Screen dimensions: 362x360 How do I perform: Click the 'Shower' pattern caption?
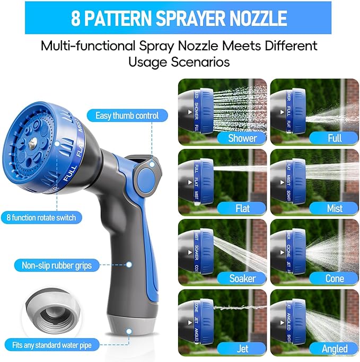[242, 138]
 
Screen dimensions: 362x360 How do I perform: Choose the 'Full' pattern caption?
[334, 138]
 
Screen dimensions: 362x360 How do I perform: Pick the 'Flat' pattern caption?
[242, 208]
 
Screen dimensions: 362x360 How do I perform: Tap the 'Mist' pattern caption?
[334, 208]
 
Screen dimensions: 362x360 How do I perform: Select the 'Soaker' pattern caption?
[242, 278]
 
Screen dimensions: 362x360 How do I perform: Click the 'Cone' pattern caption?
[334, 278]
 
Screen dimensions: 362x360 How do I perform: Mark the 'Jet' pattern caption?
[242, 348]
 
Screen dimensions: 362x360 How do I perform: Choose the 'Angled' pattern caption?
[334, 348]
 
